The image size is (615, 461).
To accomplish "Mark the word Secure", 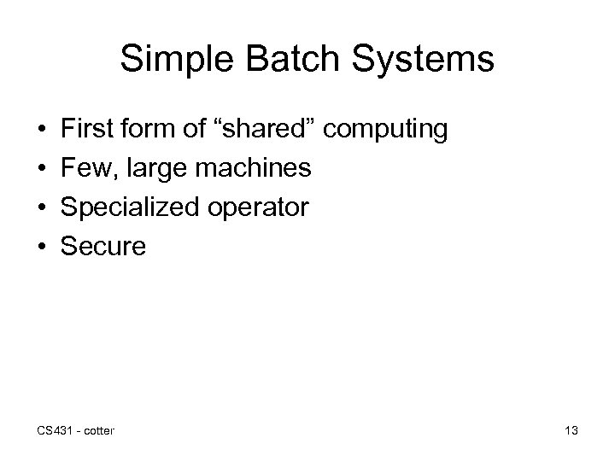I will pyautogui.click(x=103, y=248).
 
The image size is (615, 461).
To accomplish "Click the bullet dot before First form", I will pyautogui.click(x=42, y=131).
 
